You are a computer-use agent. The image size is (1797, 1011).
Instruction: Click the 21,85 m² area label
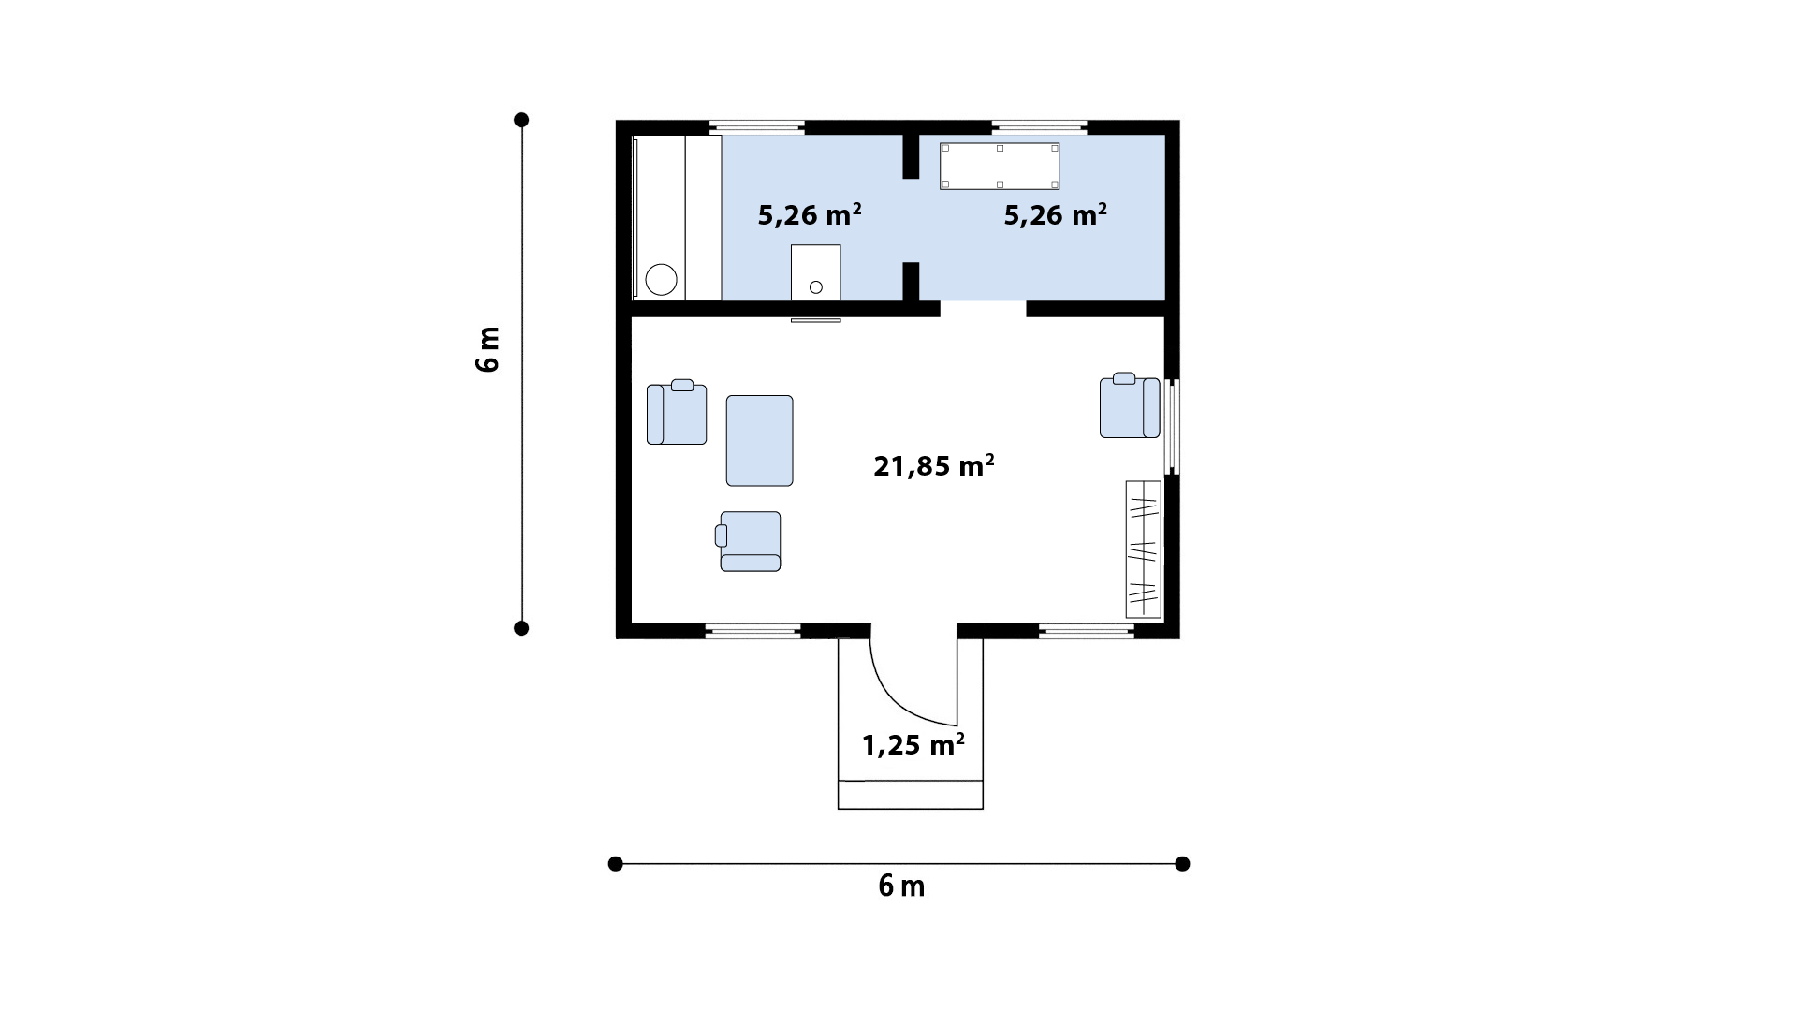pyautogui.click(x=933, y=465)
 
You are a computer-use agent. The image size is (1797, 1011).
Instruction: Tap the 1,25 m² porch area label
pyautogui.click(x=913, y=745)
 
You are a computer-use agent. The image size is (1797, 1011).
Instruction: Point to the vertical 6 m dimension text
pyautogui.click(x=489, y=349)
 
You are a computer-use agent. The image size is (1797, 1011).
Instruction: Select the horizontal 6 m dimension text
pyautogui.click(x=901, y=886)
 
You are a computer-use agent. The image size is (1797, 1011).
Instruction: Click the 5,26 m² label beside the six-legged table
pyautogui.click(x=1056, y=215)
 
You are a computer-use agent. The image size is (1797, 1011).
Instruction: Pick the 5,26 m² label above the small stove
pyautogui.click(x=809, y=215)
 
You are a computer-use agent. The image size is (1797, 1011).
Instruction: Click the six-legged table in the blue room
pyautogui.click(x=1000, y=166)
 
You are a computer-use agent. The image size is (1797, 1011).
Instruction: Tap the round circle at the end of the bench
pyautogui.click(x=662, y=280)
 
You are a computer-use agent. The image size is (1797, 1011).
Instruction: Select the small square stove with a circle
pyautogui.click(x=815, y=272)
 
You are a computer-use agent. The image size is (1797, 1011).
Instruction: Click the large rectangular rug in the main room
pyautogui.click(x=759, y=440)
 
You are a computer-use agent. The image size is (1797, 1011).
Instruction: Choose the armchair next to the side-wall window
pyautogui.click(x=1130, y=405)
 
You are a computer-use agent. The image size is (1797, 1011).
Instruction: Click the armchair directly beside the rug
pyautogui.click(x=677, y=412)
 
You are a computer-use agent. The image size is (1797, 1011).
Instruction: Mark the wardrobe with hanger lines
pyautogui.click(x=1143, y=549)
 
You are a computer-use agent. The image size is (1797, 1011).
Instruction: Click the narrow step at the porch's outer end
pyautogui.click(x=910, y=795)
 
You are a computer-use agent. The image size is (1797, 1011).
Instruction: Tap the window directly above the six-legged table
pyautogui.click(x=1039, y=127)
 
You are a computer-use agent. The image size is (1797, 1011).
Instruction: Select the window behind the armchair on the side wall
pyautogui.click(x=1172, y=425)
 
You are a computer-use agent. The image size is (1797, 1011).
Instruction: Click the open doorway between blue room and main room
pyautogui.click(x=983, y=309)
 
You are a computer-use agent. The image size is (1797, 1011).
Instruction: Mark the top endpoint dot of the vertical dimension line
pyautogui.click(x=521, y=120)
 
